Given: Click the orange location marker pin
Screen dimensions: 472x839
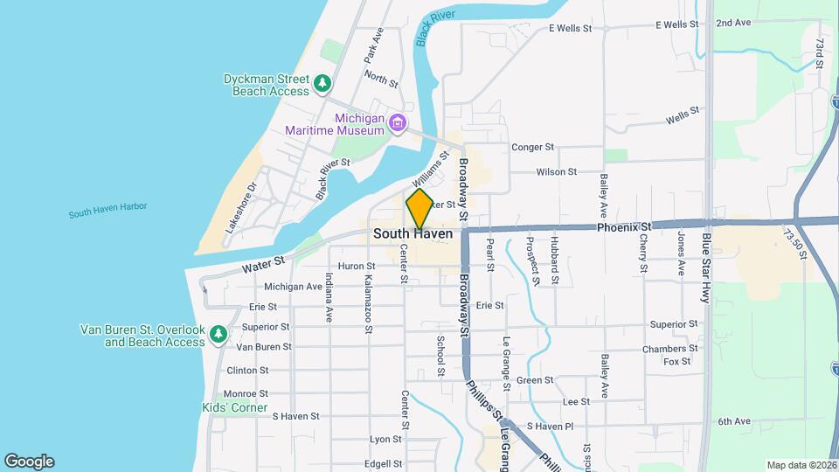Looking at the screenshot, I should click(x=419, y=209).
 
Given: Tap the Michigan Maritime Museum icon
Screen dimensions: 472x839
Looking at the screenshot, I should click(x=398, y=121).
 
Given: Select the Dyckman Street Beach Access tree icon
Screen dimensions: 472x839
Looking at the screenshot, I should click(x=323, y=83).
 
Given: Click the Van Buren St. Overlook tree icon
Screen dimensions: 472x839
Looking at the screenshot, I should click(x=218, y=333).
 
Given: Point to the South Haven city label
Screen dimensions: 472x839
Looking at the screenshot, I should click(x=413, y=234).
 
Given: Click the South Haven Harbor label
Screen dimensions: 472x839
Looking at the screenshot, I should click(x=107, y=210).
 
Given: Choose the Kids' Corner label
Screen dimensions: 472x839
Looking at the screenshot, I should click(x=235, y=408).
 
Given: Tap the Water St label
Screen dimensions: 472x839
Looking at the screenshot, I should click(x=267, y=260).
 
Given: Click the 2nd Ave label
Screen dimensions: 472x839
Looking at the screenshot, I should click(x=733, y=23).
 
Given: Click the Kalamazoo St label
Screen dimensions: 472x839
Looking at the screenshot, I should click(x=369, y=302).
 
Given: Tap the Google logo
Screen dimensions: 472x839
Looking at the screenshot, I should click(x=29, y=461).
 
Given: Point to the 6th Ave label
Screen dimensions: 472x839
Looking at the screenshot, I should click(x=734, y=421).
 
